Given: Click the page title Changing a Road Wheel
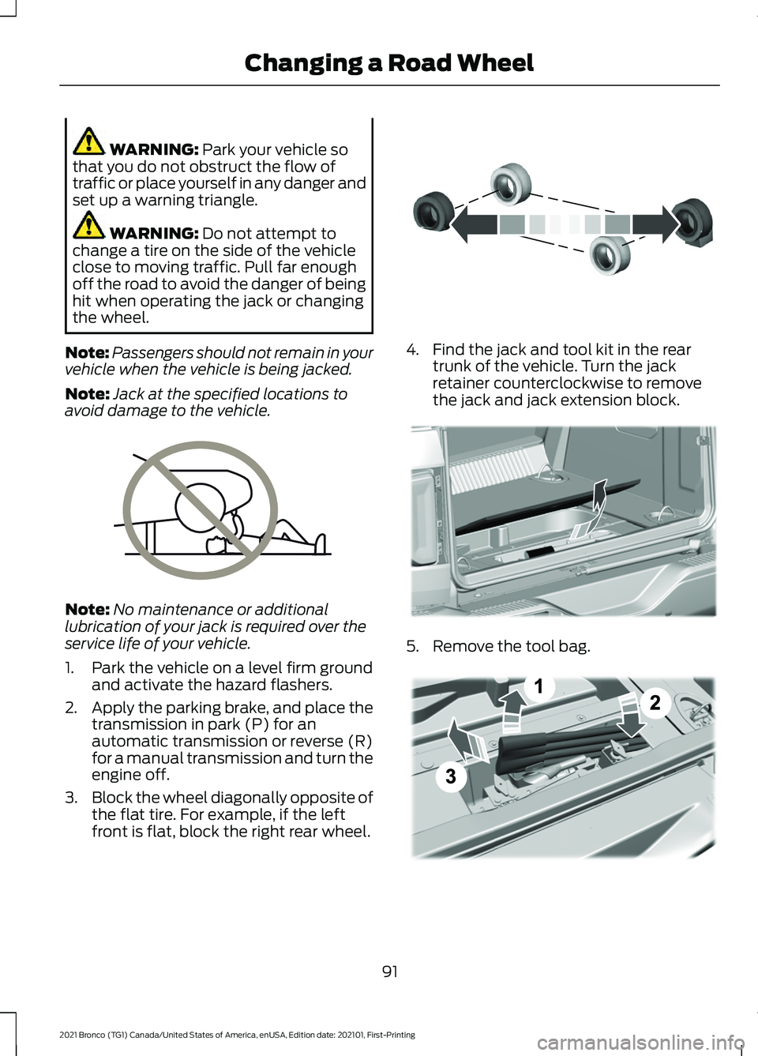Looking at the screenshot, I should [x=388, y=63].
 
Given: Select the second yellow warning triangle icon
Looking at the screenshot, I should [x=88, y=225].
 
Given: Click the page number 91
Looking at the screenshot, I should [x=390, y=971].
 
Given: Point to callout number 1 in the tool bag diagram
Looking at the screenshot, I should [x=538, y=686].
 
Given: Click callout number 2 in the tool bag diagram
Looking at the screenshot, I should [x=655, y=702].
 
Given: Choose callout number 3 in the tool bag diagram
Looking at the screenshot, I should [x=450, y=776].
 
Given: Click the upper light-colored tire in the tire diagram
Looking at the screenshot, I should [x=511, y=183].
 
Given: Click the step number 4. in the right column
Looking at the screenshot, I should [x=412, y=350].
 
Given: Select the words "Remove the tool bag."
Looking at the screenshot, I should [x=511, y=646].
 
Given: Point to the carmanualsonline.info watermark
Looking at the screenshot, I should [x=640, y=1043].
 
